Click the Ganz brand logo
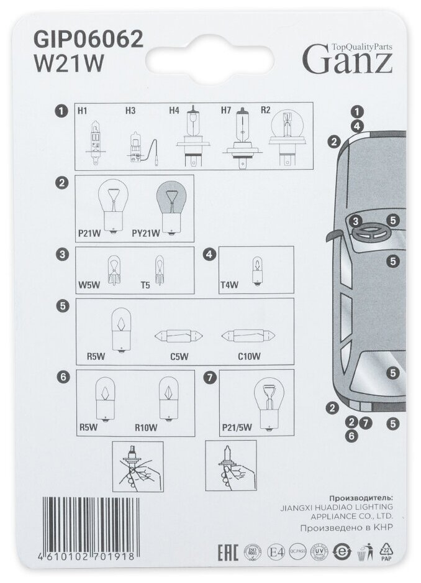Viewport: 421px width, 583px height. [347, 58]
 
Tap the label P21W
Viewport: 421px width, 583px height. [89, 233]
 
